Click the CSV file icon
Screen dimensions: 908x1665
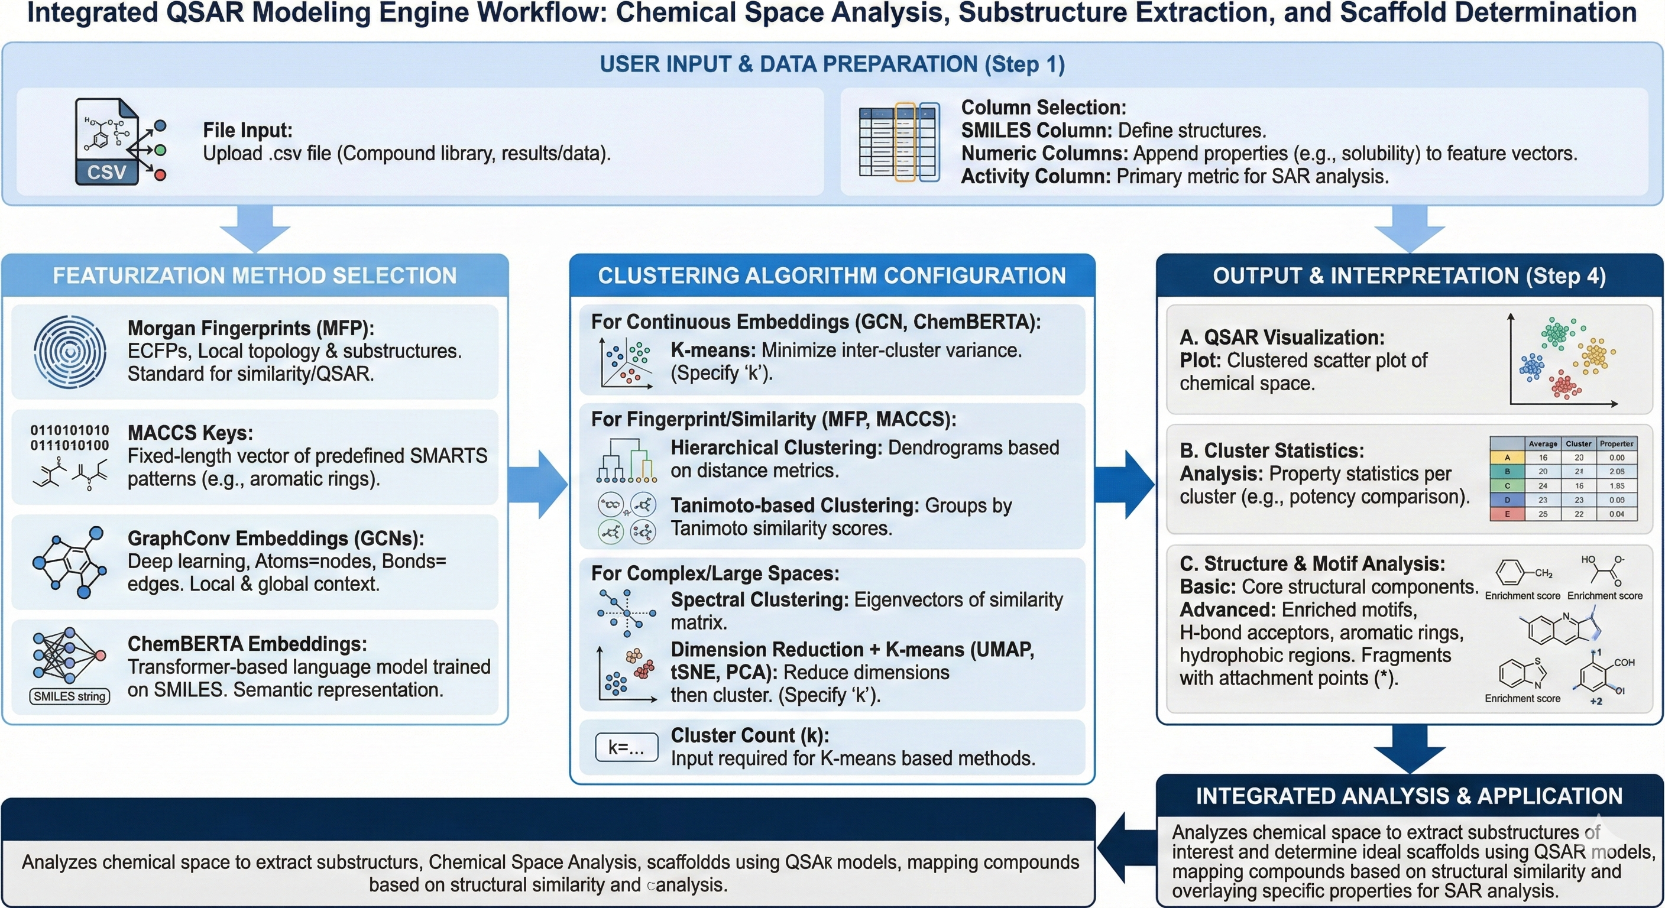click(107, 142)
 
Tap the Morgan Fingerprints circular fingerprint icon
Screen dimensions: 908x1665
click(70, 352)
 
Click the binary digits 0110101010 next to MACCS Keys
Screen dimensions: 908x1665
click(70, 430)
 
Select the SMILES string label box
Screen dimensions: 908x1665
click(70, 696)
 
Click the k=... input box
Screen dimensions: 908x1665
click(626, 748)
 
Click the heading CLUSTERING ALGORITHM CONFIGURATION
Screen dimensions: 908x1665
click(831, 276)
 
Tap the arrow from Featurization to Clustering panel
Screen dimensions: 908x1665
click(538, 485)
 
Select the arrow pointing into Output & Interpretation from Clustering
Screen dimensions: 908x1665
click(1125, 485)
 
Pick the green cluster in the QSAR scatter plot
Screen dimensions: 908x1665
click(1558, 333)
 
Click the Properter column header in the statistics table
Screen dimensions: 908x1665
click(1617, 443)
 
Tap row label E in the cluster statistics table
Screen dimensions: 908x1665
click(1507, 514)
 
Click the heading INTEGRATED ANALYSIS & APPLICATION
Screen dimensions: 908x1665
click(1409, 796)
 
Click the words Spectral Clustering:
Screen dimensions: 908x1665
click(759, 600)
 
